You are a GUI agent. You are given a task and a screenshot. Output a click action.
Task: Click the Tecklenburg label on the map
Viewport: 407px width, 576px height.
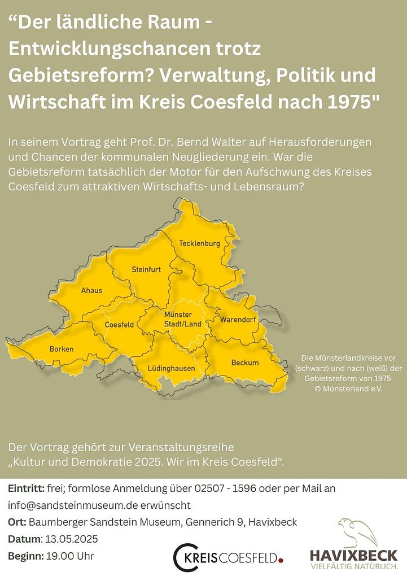coord(199,243)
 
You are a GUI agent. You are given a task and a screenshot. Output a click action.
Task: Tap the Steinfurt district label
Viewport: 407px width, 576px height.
coord(146,270)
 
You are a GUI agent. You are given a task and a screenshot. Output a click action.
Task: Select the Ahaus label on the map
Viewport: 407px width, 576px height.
coord(92,290)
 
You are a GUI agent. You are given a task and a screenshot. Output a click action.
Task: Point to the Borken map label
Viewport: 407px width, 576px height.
coord(62,349)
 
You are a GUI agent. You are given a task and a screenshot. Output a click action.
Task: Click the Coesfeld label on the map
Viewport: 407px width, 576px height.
coord(120,325)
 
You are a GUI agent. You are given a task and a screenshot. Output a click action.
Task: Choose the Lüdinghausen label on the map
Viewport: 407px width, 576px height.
coord(171,368)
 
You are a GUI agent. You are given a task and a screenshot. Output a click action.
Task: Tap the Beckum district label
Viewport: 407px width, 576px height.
coord(245,363)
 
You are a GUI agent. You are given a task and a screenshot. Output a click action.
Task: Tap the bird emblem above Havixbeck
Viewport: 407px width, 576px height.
coord(357,532)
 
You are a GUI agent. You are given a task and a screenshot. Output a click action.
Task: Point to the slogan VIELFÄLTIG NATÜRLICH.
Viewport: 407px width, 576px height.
coord(353,566)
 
